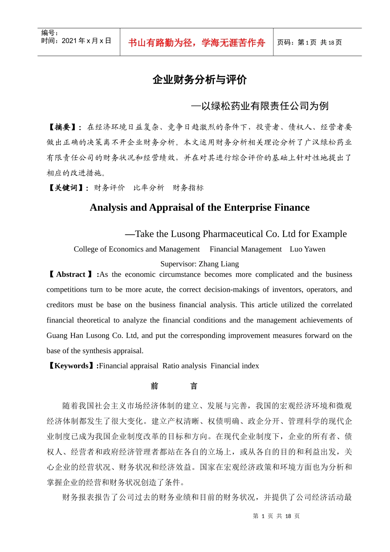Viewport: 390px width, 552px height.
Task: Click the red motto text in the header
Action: click(197, 43)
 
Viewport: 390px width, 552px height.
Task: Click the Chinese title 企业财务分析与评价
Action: click(200, 80)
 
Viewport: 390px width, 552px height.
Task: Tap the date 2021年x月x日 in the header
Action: click(86, 41)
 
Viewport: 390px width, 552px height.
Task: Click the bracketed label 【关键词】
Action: click(67, 188)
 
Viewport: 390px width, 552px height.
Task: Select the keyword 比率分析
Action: click(149, 188)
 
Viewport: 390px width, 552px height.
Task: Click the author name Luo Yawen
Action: click(307, 249)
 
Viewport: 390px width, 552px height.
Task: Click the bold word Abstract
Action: click(71, 274)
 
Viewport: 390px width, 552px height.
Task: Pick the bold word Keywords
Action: click(71, 366)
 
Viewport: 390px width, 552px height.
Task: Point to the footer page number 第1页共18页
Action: click(276, 516)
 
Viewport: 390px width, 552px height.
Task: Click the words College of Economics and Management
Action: click(137, 249)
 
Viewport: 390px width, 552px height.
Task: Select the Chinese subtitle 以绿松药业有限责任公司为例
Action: click(264, 106)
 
